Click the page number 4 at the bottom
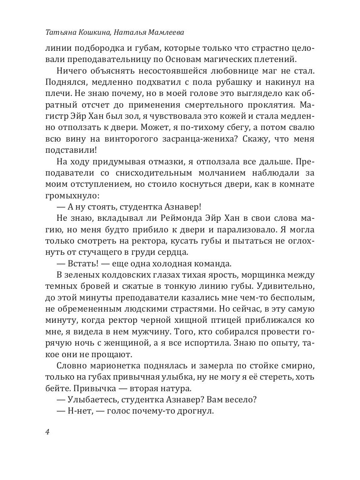[48, 432]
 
